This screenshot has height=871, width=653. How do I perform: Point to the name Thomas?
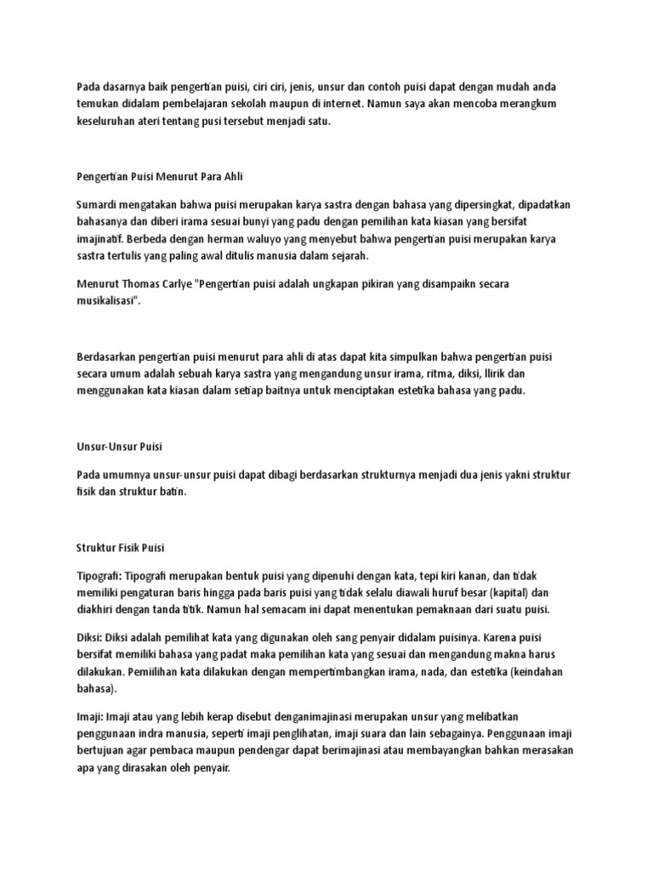148,283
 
